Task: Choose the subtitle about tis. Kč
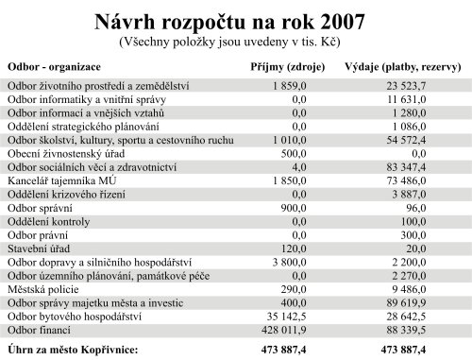[236, 43]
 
